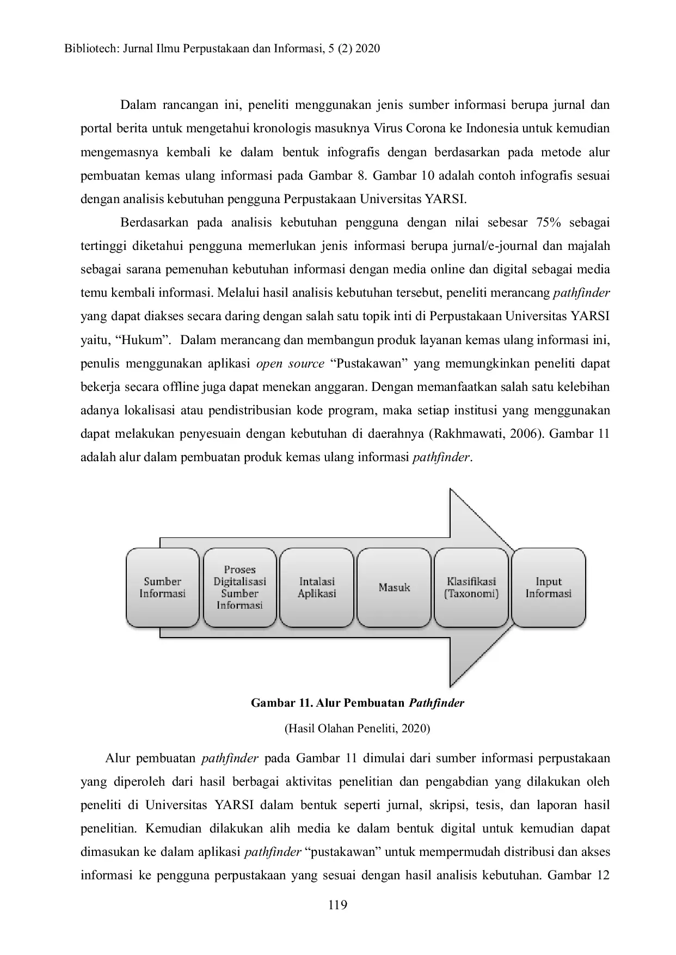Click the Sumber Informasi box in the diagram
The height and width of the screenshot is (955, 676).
[x=162, y=587]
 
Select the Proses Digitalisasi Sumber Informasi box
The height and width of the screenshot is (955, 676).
[x=239, y=587]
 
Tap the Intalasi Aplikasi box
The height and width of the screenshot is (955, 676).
[x=317, y=587]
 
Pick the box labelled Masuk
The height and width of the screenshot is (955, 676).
[x=394, y=587]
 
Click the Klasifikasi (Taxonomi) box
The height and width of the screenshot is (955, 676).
[x=471, y=587]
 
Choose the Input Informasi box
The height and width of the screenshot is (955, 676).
[x=549, y=587]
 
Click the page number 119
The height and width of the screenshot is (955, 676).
[x=337, y=905]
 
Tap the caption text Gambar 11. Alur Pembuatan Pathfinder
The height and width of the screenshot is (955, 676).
[x=357, y=703]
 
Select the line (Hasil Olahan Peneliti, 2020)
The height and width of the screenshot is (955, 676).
[x=357, y=729]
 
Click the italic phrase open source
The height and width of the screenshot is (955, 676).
[x=290, y=364]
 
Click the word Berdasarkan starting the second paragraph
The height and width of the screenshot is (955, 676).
[x=154, y=223]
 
